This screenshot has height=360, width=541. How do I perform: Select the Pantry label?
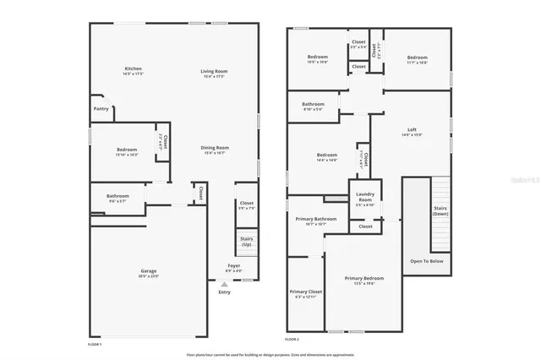pyautogui.click(x=101, y=109)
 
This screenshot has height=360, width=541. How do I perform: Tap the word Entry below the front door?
pyautogui.click(x=224, y=292)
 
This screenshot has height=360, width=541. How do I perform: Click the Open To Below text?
pyautogui.click(x=427, y=261)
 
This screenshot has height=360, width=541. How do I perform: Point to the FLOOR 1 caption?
pyautogui.click(x=95, y=345)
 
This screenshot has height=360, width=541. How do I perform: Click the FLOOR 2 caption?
pyautogui.click(x=292, y=339)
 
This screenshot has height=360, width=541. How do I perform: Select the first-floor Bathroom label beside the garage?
pyautogui.click(x=117, y=198)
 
